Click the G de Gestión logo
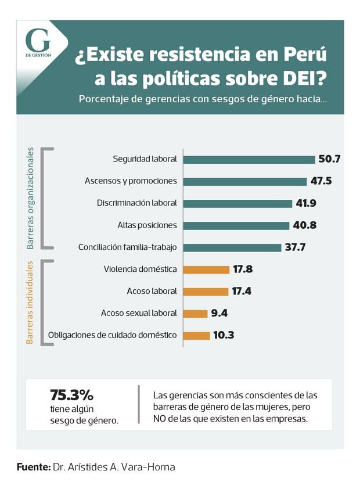click(38, 44)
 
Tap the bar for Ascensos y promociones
click(244, 181)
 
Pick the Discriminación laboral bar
click(237, 203)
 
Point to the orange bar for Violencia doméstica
click(207, 269)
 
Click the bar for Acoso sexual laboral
click(196, 314)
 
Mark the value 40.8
click(304, 225)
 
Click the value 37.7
click(295, 247)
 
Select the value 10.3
click(224, 336)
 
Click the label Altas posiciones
click(147, 225)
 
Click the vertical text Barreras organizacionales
click(30, 197)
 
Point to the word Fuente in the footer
click(33, 466)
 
